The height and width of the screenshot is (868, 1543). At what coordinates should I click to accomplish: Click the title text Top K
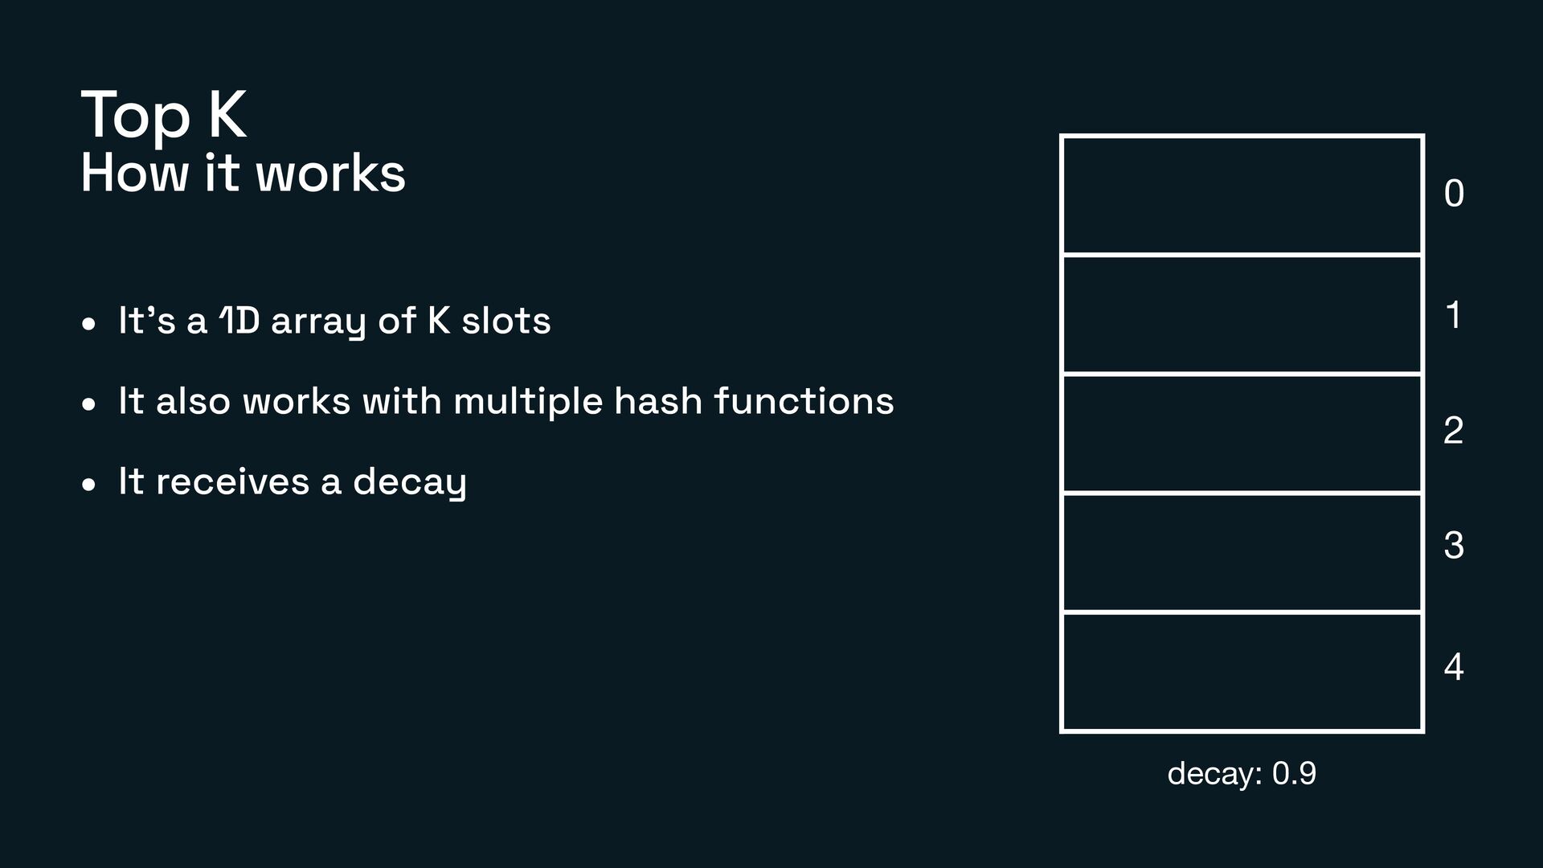click(x=163, y=116)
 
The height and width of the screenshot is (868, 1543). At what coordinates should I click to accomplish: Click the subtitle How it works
click(x=243, y=173)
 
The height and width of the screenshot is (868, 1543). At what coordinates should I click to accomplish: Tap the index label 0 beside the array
click(x=1454, y=194)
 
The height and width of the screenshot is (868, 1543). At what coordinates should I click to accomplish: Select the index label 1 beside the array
click(x=1453, y=315)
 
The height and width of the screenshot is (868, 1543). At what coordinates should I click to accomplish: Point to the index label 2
click(x=1453, y=431)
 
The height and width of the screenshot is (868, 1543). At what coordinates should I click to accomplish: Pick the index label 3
click(x=1453, y=546)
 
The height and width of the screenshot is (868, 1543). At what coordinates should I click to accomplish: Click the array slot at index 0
click(x=1242, y=195)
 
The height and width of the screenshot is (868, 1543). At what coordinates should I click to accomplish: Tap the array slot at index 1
click(x=1242, y=314)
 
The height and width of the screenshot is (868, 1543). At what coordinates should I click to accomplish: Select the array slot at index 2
click(x=1242, y=433)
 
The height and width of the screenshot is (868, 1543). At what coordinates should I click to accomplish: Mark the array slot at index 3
click(x=1242, y=553)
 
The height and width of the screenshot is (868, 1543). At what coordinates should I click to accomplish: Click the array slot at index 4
click(x=1242, y=672)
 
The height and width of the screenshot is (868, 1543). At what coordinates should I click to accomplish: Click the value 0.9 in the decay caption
click(x=1294, y=773)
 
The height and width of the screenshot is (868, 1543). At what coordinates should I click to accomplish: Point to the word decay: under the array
click(x=1216, y=774)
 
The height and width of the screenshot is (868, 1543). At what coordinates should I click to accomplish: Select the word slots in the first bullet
click(x=505, y=321)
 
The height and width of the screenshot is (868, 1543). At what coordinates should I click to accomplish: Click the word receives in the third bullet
click(x=232, y=481)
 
